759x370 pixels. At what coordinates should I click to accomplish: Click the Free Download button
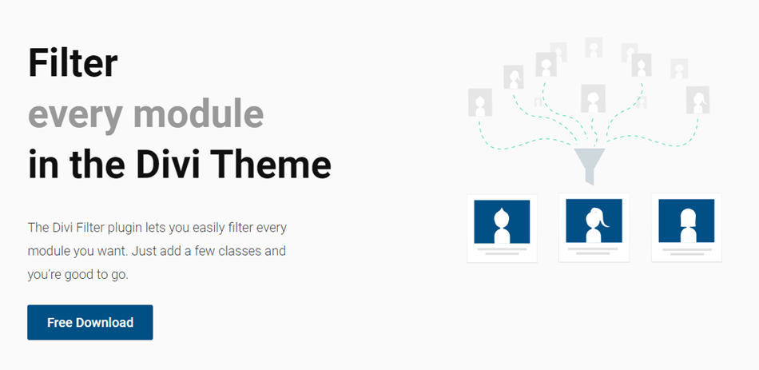click(90, 322)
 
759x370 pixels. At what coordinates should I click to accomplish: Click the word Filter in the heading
click(73, 63)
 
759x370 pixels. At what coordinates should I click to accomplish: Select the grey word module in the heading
click(198, 113)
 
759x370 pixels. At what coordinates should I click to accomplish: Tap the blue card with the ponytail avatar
click(594, 221)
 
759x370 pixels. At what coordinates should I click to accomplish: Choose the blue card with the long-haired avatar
click(686, 221)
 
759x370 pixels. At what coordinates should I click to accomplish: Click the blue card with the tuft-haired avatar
click(502, 221)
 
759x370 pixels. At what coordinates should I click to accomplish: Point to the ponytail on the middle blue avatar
click(604, 221)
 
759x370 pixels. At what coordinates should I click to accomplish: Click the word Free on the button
click(60, 323)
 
